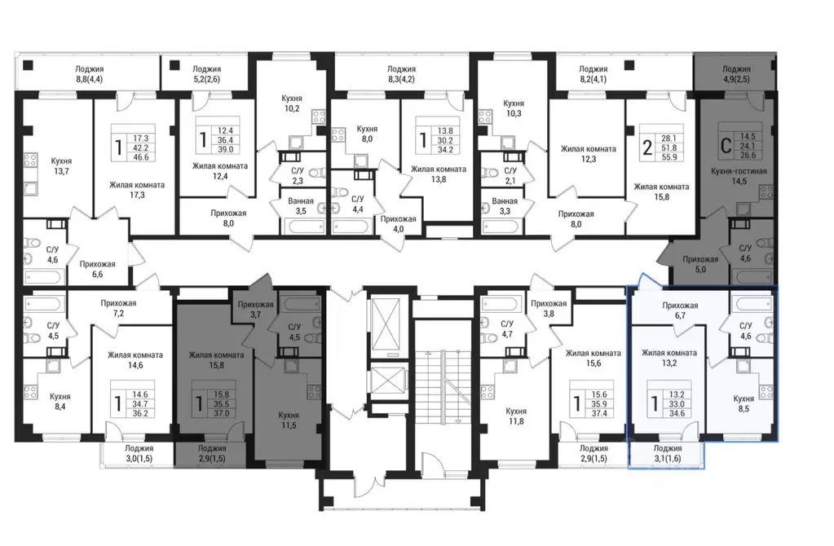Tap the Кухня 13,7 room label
(61, 166)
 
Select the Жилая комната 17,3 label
(137, 190)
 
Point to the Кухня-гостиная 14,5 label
(739, 176)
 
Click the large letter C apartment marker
(725, 146)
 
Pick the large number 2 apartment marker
(646, 147)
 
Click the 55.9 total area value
(669, 156)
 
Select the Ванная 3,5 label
(301, 205)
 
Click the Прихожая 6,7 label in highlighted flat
(680, 310)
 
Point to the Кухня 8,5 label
(743, 403)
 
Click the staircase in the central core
(443, 387)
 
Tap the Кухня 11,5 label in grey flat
(289, 420)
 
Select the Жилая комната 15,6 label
(593, 358)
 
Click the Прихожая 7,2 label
(118, 308)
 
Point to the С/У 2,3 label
(297, 175)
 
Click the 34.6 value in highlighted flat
(677, 413)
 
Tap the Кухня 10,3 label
(514, 108)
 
